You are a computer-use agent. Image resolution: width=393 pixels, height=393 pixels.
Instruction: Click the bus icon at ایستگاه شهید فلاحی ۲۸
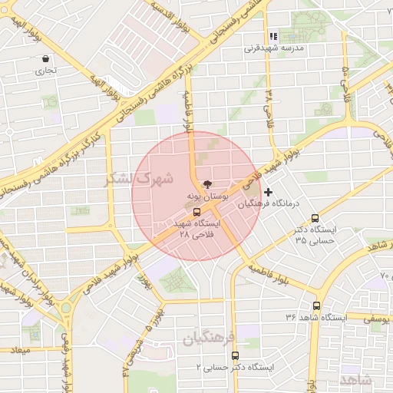click(197, 212)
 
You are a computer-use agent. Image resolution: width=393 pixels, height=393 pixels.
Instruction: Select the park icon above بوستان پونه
click(205, 184)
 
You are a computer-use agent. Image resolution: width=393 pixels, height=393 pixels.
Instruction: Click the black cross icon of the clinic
click(268, 192)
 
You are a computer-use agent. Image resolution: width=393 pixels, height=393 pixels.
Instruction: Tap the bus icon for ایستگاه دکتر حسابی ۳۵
click(315, 217)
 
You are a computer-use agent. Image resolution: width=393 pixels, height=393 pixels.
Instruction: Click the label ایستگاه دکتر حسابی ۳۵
click(315, 235)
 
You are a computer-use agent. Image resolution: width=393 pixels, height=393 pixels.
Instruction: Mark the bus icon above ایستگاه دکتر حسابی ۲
click(235, 355)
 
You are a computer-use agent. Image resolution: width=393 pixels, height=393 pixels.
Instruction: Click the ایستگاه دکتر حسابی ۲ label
click(236, 368)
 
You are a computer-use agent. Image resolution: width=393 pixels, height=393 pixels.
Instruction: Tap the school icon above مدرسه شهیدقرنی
click(272, 36)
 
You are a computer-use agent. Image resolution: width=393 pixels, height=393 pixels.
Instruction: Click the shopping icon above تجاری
click(47, 59)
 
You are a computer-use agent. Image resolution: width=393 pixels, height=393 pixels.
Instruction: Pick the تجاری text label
click(45, 71)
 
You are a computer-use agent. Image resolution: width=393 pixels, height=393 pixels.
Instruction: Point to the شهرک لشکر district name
click(138, 178)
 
